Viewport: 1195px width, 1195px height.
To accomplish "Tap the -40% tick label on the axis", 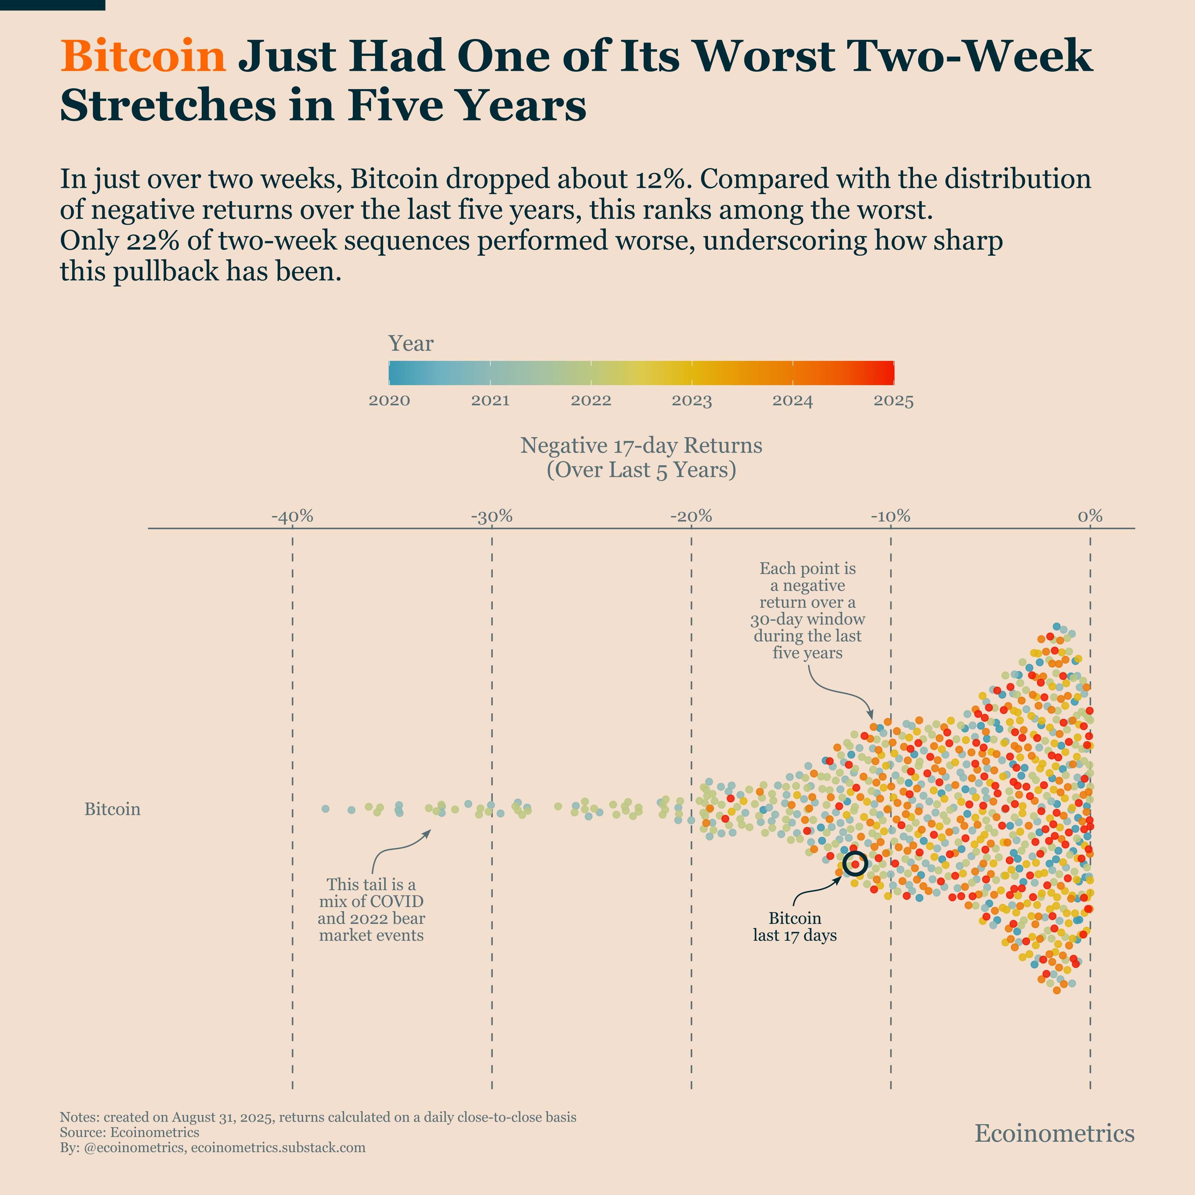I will [292, 516].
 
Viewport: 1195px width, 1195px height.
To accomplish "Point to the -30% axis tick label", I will [492, 516].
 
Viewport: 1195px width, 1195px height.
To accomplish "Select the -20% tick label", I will [691, 516].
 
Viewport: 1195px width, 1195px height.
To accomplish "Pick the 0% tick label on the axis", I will [1090, 516].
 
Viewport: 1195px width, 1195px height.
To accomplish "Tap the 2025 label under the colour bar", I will [893, 401].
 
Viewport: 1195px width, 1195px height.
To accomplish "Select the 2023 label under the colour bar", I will [691, 401].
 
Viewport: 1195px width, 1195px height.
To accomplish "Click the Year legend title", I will [411, 343].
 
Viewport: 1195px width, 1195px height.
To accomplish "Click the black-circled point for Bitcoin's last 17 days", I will [855, 863].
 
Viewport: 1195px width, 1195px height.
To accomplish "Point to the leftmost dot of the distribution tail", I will [326, 808].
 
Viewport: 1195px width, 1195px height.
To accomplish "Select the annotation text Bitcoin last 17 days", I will [794, 927].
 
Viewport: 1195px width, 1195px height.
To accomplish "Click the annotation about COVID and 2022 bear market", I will [371, 909].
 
